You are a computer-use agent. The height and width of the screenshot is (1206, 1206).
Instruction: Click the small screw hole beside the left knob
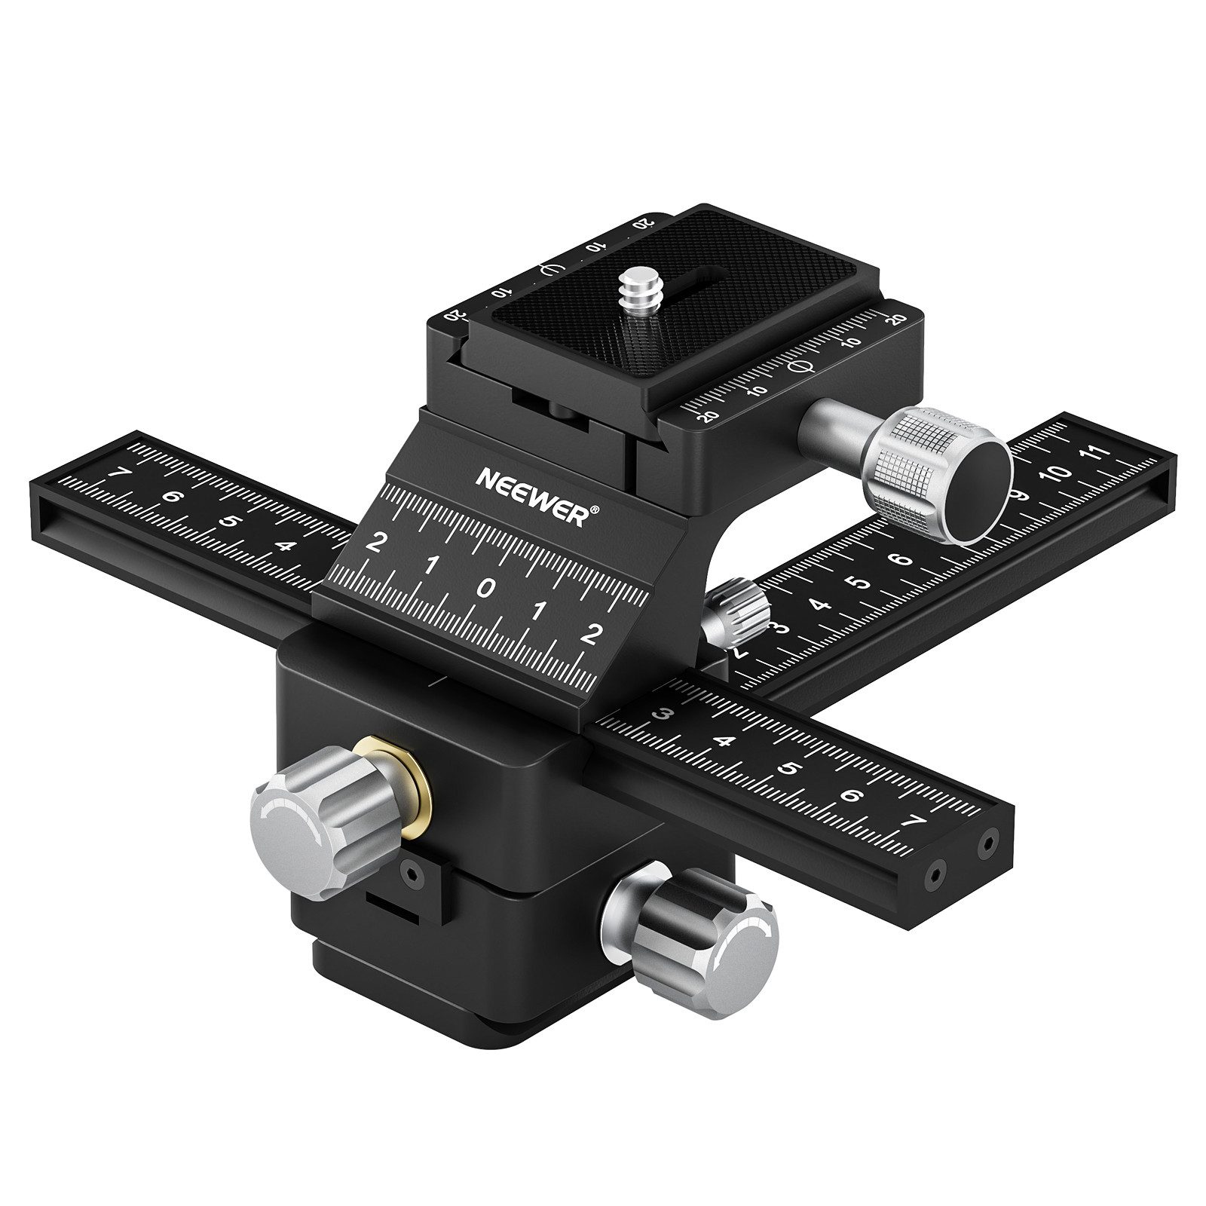(x=410, y=873)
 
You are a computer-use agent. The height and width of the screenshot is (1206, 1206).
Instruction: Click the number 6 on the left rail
(x=173, y=497)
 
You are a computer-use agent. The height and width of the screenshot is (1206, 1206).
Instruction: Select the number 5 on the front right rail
(x=788, y=769)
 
